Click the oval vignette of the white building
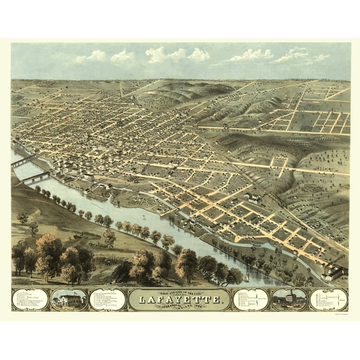pyautogui.click(x=69, y=299)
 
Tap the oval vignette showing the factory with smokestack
pyautogui.click(x=289, y=299)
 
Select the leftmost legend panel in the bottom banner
pyautogui.click(x=30, y=299)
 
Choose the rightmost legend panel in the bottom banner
pyautogui.click(x=329, y=299)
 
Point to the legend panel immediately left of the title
pyautogui.click(x=107, y=299)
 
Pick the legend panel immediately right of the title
pyautogui.click(x=251, y=299)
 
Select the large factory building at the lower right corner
pyautogui.click(x=337, y=271)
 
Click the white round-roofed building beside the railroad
pyautogui.click(x=254, y=197)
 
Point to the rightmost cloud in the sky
pyautogui.click(x=321, y=57)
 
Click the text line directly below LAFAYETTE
pyautogui.click(x=179, y=308)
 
